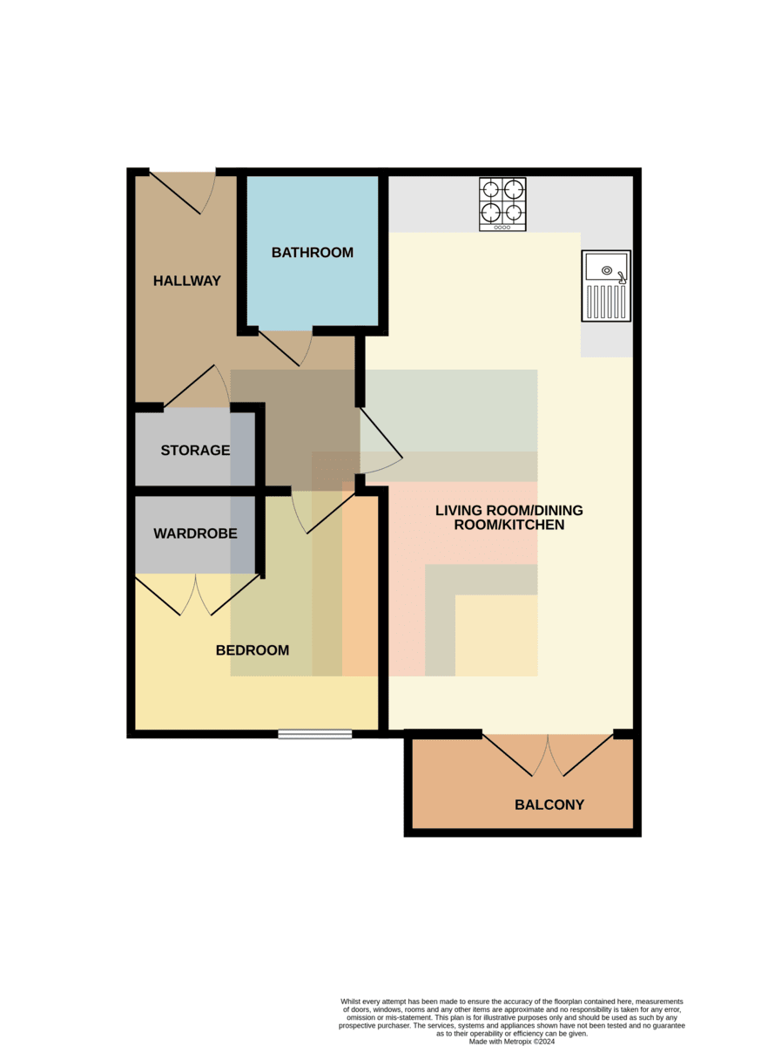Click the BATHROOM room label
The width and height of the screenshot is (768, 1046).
312,253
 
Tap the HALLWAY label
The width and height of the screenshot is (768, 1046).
186,281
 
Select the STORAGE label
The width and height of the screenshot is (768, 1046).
195,450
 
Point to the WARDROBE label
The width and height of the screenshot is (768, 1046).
195,533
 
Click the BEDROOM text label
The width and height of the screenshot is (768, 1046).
253,650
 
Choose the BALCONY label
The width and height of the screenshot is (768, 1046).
549,805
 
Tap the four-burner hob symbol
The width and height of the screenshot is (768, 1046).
502,204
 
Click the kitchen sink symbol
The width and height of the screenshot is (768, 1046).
606,286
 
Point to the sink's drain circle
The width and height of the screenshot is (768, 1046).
607,270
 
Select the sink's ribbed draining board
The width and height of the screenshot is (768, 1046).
606,302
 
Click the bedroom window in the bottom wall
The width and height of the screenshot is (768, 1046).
315,734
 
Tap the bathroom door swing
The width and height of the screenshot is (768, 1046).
286,349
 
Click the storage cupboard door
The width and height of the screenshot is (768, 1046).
197,386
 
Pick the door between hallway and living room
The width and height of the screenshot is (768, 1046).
381,441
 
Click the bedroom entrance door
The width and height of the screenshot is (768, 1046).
323,511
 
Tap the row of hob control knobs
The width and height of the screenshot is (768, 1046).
502,228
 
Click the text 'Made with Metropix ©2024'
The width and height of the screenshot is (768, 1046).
512,1042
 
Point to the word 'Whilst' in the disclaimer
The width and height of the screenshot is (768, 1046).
350,1002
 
